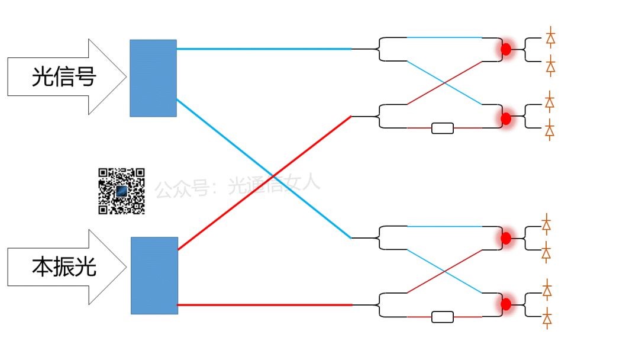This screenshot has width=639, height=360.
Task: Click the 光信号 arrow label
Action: point(64,77)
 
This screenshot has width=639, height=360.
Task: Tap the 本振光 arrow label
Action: point(64,268)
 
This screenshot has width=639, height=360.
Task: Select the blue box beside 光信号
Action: point(153,78)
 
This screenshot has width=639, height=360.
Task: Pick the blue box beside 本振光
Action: point(154,275)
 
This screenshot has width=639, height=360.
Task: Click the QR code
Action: point(121,191)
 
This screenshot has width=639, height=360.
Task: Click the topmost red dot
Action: point(506,49)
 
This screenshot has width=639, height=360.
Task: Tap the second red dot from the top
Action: point(506,118)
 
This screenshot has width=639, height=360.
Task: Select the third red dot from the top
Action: point(506,237)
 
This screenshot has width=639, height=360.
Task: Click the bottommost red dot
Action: point(506,304)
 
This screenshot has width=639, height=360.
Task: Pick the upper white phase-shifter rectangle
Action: point(443,128)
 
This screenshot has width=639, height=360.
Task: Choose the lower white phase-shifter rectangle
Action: point(443,317)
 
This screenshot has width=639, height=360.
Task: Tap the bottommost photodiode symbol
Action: point(548,320)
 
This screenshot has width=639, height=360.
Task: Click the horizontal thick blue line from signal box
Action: point(263,49)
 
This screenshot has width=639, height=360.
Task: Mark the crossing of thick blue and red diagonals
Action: point(272,176)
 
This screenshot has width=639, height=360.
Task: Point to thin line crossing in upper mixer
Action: point(445,82)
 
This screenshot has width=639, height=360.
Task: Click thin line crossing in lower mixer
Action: point(445,271)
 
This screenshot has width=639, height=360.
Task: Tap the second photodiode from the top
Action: point(551,67)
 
